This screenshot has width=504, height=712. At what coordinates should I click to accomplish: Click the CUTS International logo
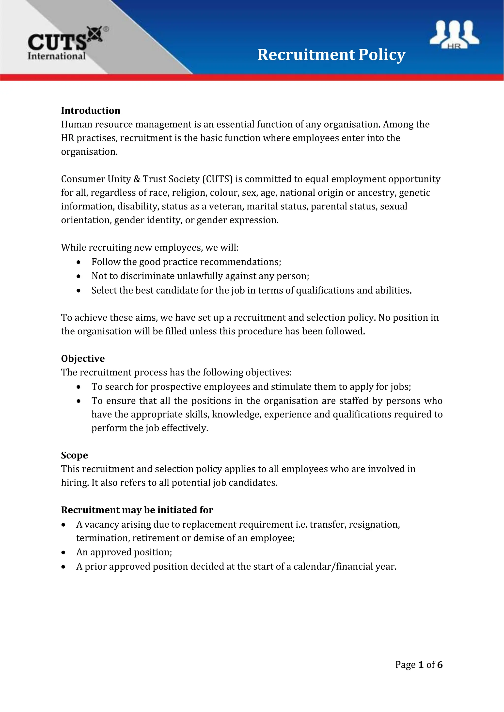point(62,44)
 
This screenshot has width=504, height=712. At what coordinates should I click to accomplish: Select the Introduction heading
point(90,111)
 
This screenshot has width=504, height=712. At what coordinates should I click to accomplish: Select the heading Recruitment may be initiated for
point(137,510)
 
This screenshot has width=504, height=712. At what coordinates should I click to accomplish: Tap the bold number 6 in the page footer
point(440,665)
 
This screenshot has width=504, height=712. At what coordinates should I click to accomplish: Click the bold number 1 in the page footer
point(421,665)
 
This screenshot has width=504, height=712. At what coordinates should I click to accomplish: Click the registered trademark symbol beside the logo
point(106,30)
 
